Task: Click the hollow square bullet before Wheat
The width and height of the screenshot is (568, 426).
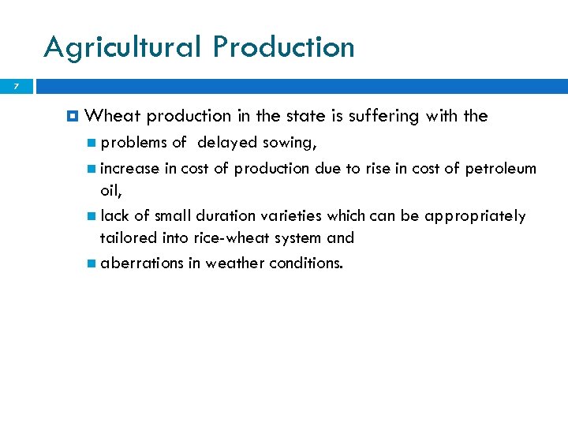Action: coord(73,117)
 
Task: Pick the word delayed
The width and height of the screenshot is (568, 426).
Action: coord(228,143)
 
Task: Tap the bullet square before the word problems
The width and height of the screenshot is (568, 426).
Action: coord(92,143)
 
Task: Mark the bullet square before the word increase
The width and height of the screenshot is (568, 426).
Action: coord(92,169)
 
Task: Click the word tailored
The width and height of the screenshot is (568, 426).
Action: coord(125,237)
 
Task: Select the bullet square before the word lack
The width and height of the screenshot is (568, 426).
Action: coord(92,216)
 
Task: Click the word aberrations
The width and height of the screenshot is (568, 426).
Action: coord(141,263)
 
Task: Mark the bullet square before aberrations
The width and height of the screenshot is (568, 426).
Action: coord(92,263)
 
